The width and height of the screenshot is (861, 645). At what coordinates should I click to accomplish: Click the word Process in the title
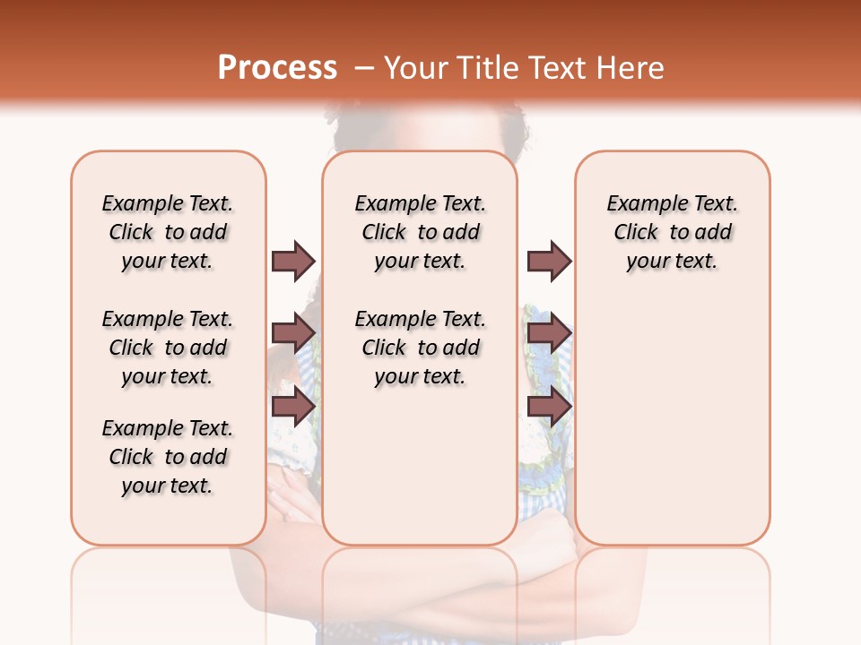[x=277, y=68]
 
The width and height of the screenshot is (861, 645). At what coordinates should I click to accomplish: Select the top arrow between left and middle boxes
[x=293, y=261]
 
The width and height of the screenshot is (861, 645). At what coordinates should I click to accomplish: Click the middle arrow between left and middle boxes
[x=293, y=333]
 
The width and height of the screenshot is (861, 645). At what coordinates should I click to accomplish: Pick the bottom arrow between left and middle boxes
[x=293, y=407]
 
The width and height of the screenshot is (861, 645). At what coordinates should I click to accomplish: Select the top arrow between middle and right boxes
[x=549, y=261]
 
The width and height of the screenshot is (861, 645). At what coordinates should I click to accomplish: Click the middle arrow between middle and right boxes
[x=549, y=333]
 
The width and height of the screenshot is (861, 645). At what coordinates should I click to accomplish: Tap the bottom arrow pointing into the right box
[x=549, y=407]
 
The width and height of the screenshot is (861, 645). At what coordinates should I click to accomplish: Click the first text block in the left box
[x=168, y=232]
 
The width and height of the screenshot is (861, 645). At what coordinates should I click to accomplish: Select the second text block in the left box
[x=168, y=348]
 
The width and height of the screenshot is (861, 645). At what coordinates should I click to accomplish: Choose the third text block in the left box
[x=168, y=457]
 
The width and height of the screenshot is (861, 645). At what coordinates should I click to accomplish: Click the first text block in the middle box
[x=420, y=232]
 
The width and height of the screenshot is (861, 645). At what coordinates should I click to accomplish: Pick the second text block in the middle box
[x=420, y=348]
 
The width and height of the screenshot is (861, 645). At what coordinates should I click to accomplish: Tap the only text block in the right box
[x=672, y=232]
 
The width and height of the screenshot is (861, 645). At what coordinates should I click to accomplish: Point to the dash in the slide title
[x=364, y=68]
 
